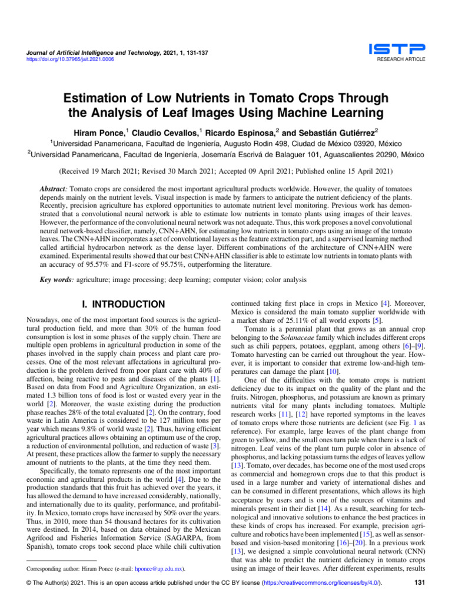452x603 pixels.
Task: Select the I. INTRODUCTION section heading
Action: coord(122,305)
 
